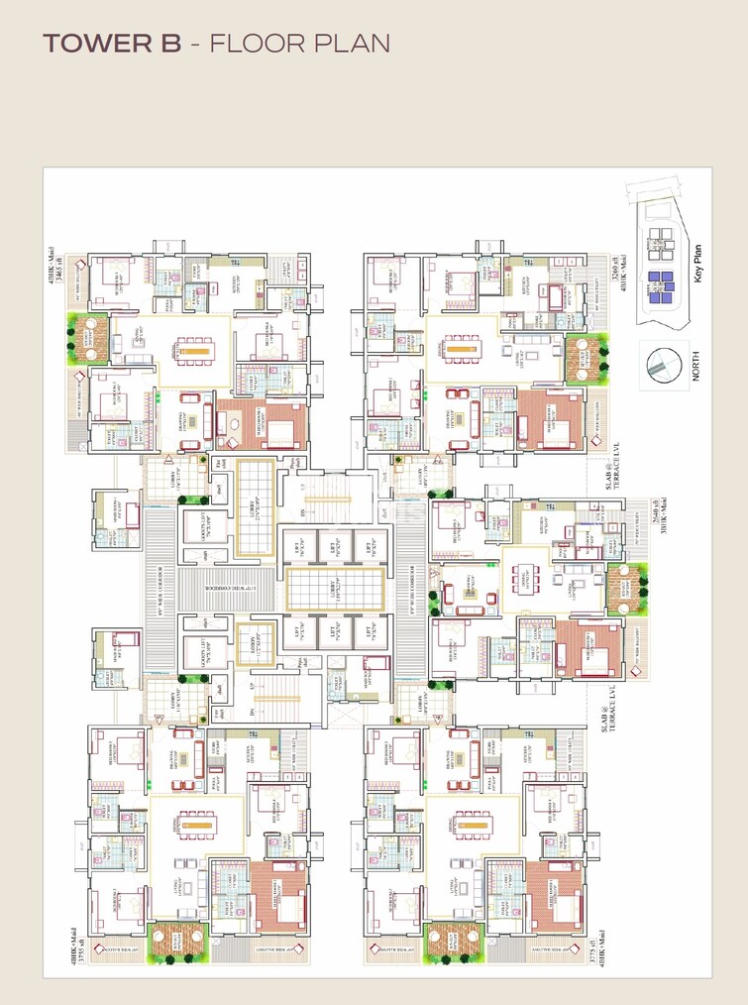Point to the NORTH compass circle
click(663, 366)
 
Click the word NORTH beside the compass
click(697, 366)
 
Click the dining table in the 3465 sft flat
click(193, 350)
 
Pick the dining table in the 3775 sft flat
click(472, 824)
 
